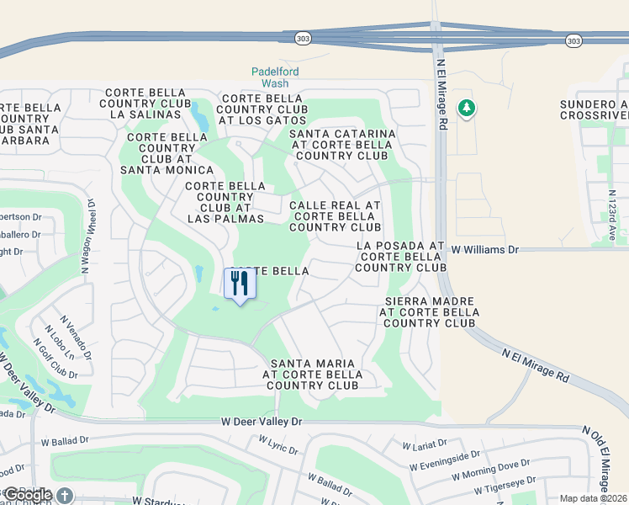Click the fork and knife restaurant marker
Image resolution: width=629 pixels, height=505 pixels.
tap(240, 284)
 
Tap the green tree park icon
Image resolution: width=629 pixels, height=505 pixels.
tap(467, 109)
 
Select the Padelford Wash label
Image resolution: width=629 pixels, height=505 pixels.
tap(275, 77)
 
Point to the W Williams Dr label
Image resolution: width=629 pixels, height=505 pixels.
tap(485, 250)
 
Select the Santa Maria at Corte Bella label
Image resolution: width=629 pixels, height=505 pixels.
tap(310, 375)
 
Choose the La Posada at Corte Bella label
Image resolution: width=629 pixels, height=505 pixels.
tap(400, 257)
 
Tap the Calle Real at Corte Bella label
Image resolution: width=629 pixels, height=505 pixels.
tap(335, 216)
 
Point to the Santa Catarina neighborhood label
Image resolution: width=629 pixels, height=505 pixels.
tap(342, 145)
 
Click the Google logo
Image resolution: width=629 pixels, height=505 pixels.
tap(28, 495)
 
